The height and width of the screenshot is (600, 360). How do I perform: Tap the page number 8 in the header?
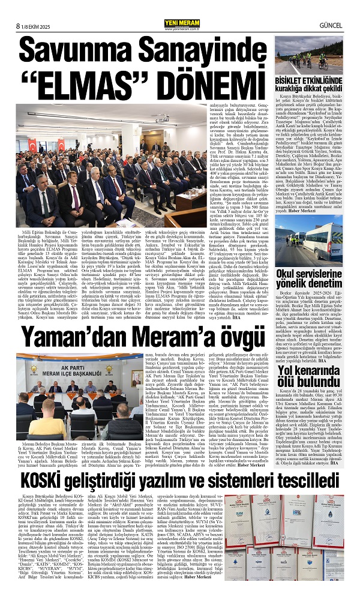tap(10, 8)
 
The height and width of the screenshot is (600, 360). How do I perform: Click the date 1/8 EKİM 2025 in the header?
tap(33, 8)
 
